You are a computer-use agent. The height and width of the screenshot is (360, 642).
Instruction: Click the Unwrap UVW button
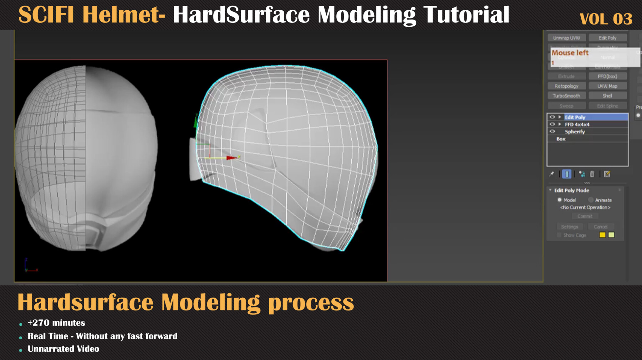566,38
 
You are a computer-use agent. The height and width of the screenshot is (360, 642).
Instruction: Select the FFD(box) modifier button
607,76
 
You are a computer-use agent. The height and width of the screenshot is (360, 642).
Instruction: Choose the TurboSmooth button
566,96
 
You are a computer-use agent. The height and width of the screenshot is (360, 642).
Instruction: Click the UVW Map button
607,86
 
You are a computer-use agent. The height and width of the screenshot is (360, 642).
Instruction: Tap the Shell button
607,96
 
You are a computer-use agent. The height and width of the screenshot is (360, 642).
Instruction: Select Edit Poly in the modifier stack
575,117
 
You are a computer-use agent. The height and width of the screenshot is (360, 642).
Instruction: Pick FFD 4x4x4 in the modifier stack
577,124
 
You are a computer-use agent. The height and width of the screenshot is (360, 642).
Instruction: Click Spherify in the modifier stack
575,132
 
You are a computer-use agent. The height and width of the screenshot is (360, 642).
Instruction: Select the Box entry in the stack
561,139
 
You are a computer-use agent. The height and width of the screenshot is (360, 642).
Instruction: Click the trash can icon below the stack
592,174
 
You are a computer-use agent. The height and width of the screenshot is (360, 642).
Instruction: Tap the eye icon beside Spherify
552,132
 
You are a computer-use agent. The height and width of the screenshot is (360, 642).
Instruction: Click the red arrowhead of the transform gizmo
232,158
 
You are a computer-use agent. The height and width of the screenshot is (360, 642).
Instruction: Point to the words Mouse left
570,53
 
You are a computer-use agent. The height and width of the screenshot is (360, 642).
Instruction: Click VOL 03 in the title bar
606,19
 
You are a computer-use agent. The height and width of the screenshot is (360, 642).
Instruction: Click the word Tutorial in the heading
466,15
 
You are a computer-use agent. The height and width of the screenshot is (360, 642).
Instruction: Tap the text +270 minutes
56,323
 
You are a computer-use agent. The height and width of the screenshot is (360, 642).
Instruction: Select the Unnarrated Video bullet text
63,349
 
